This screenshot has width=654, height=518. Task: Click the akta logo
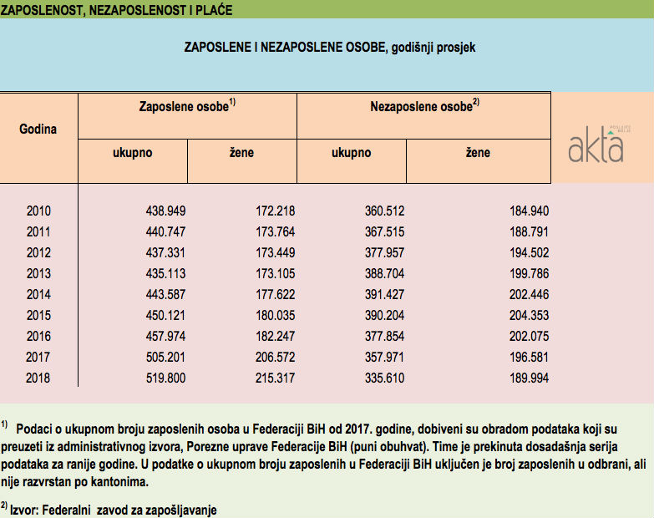596,144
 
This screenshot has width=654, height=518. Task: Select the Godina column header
38,129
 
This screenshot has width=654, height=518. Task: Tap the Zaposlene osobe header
187,107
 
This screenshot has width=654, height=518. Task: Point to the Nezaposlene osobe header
423,107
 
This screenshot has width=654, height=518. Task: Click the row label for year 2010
39,211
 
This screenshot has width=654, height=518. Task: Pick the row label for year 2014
39,295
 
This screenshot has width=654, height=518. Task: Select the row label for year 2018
39,378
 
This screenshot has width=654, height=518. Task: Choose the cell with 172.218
275,211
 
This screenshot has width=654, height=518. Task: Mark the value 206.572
275,358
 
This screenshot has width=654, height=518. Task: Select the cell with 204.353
529,316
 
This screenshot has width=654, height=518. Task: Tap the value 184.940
529,211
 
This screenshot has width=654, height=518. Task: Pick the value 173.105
275,274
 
